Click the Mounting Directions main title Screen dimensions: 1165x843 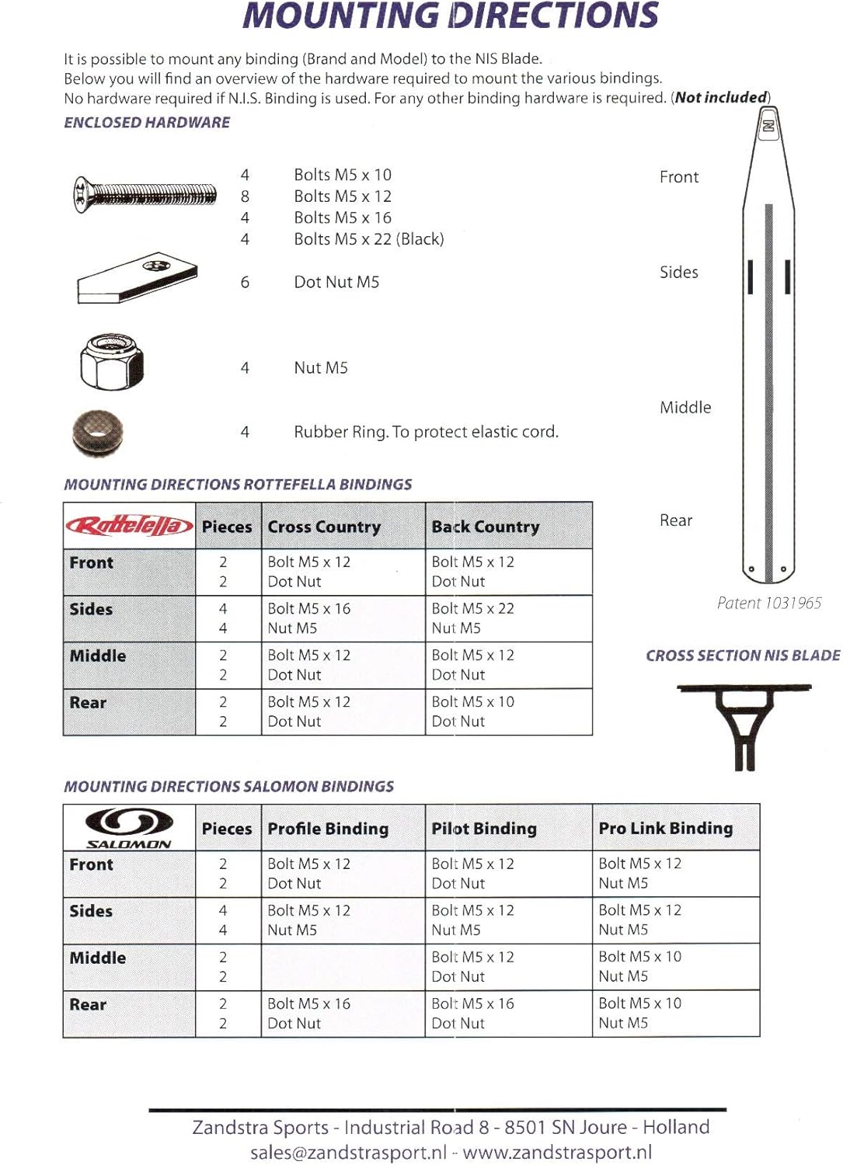pos(451,16)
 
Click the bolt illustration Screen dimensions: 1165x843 pos(145,194)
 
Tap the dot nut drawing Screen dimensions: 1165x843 pos(137,277)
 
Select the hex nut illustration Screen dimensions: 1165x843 pos(112,362)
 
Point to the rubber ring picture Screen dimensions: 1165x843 pos(97,433)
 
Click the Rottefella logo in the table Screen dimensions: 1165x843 pos(129,527)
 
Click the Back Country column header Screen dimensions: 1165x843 pos(485,527)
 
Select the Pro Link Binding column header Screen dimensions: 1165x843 pos(665,828)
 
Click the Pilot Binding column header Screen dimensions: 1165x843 pos(483,829)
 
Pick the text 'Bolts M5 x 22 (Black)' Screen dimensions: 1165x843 pos(368,239)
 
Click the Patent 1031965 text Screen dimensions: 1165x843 pos(768,603)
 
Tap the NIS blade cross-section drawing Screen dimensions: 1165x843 pos(744,727)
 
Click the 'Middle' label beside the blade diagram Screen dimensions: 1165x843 pos(685,407)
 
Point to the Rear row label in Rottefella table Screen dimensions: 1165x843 pos(88,703)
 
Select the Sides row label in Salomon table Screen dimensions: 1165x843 pos(91,911)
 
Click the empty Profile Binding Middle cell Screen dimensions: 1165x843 pos(343,967)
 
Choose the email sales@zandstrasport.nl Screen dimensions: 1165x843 pos(348,1153)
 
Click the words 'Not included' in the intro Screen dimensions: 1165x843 pos(721,98)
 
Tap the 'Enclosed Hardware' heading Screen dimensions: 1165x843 pos(147,123)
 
